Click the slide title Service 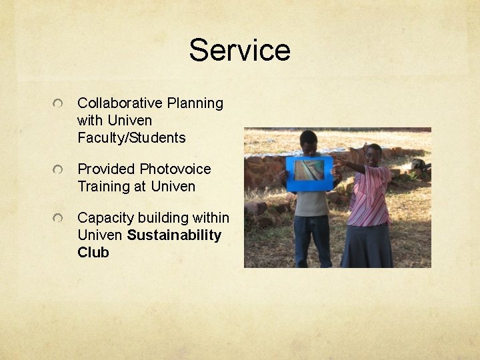tap(239, 50)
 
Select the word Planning tap(195, 103)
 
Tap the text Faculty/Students tap(131, 138)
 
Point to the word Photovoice tap(175, 169)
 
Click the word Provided tap(107, 169)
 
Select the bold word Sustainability tap(174, 235)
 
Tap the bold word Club tap(93, 253)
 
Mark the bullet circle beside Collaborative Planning tap(59, 105)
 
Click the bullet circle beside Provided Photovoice tap(59, 171)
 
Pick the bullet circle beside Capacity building tap(59, 219)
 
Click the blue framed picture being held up tap(309, 172)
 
